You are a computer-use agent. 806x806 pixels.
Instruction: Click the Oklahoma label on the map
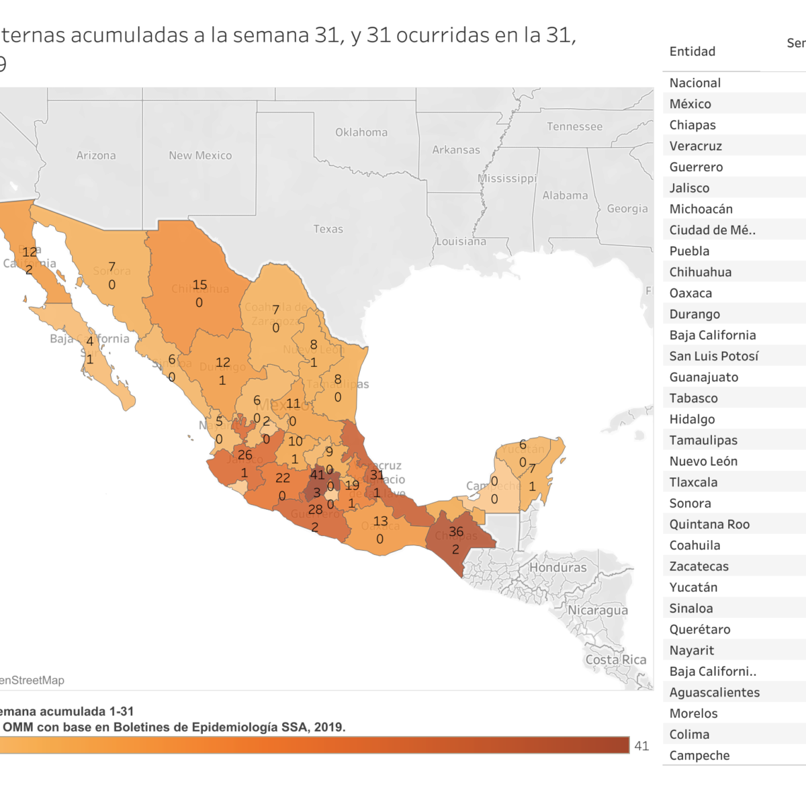[x=361, y=132]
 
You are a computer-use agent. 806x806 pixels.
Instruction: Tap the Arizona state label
[x=96, y=155]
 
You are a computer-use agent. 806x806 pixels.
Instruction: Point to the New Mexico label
[x=200, y=155]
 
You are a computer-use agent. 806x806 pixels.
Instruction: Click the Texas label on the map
[x=328, y=229]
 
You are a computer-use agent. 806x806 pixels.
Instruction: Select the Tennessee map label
[x=574, y=126]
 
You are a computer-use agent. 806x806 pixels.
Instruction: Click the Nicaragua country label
[x=598, y=610]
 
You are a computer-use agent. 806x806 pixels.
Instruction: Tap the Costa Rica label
[x=615, y=660]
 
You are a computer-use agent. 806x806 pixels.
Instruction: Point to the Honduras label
[x=557, y=567]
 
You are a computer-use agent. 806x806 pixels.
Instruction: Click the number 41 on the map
[x=317, y=475]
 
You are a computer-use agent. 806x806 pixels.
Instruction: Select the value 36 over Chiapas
[x=456, y=531]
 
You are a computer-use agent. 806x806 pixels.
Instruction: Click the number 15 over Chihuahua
[x=199, y=285]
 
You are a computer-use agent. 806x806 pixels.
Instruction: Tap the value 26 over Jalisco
[x=245, y=455]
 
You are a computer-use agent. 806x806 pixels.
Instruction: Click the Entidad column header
[x=692, y=52]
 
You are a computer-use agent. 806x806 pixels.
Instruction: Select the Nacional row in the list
[x=695, y=83]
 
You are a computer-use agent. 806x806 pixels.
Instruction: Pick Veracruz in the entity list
[x=696, y=146]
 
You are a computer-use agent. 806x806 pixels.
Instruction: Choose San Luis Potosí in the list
[x=714, y=356]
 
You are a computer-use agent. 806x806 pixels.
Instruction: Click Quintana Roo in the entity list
[x=709, y=524]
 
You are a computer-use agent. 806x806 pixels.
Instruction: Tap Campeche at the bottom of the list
[x=699, y=755]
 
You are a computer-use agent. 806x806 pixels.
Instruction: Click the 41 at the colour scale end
[x=641, y=746]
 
